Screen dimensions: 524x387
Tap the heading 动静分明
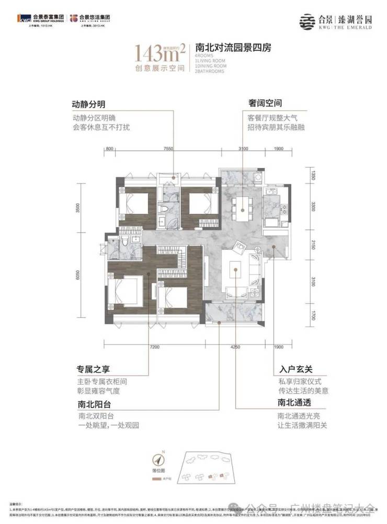[x=89, y=104]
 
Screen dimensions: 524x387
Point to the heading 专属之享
[x=89, y=370]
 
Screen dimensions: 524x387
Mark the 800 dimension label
[x=109, y=149]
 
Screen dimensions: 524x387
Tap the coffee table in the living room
[x=236, y=271]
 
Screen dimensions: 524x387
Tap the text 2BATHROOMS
[x=210, y=71]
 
